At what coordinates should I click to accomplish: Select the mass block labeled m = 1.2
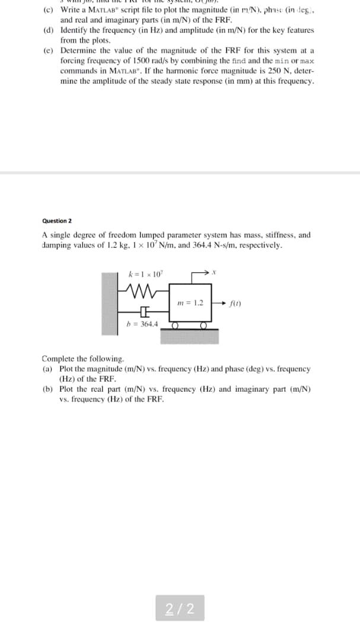coord(191,303)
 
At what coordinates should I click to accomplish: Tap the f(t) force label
coord(234,303)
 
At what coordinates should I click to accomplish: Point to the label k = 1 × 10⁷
coord(144,274)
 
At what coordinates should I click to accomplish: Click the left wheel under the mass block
coord(176,325)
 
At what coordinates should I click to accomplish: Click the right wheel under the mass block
coord(203,325)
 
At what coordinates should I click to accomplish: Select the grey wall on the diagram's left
coord(110,300)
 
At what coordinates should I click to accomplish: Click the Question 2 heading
coord(58,220)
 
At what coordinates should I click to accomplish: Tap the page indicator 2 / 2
coord(180,608)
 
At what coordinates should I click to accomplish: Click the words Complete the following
coord(83,359)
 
